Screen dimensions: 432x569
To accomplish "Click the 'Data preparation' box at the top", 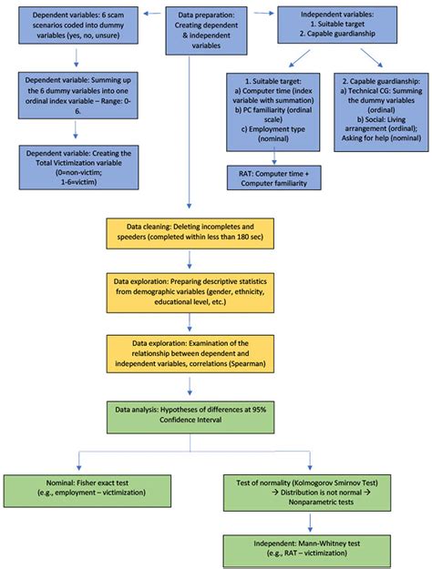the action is click(x=206, y=31).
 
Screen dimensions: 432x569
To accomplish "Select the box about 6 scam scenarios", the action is click(x=78, y=25).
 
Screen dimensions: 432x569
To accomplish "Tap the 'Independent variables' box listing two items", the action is click(x=337, y=25).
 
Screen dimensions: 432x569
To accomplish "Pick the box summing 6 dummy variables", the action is click(x=78, y=96).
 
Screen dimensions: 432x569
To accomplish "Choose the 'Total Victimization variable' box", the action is click(x=79, y=168).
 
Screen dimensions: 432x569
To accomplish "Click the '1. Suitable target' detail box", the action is click(x=273, y=112).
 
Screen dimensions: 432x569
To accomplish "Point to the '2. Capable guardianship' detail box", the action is click(x=381, y=112).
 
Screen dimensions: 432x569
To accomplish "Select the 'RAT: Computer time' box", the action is click(x=274, y=178).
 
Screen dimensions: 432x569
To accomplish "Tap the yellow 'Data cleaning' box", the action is click(x=190, y=233).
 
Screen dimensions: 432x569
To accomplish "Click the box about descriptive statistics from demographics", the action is click(x=190, y=293).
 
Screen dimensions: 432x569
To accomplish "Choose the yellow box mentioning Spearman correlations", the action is click(x=190, y=354).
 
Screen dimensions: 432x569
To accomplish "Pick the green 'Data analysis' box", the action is click(x=190, y=417).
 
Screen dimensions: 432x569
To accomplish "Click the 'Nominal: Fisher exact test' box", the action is click(x=87, y=491).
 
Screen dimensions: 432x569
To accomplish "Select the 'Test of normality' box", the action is click(x=307, y=493).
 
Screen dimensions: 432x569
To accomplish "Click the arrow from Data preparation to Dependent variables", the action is click(x=152, y=14).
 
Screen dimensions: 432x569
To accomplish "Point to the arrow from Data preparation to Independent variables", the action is click(x=263, y=13).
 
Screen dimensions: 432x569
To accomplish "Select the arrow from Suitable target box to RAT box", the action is click(x=274, y=156).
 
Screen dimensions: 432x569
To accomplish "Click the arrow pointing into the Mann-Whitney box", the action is click(x=310, y=523).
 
